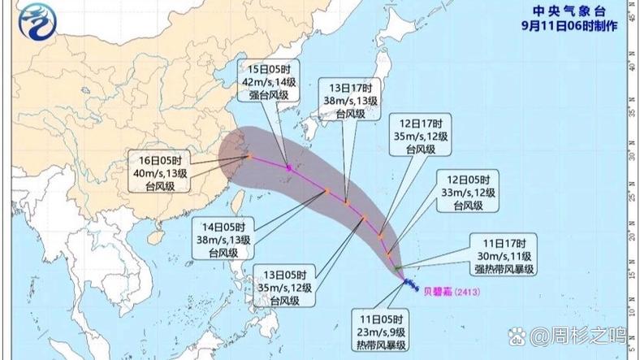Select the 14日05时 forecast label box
click(x=223, y=239)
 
